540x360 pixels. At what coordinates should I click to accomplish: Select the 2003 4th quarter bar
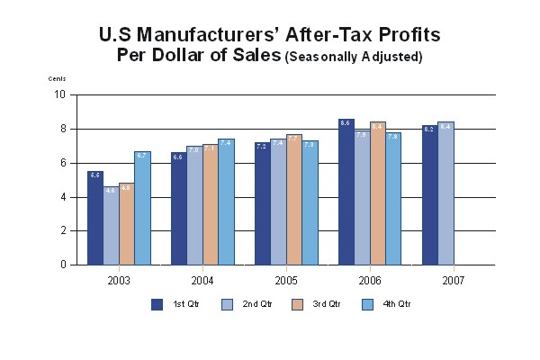(x=142, y=209)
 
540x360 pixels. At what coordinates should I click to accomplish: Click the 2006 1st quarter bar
(x=346, y=192)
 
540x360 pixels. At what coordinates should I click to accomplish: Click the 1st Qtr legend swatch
(x=157, y=303)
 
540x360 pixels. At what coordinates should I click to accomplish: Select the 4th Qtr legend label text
(x=397, y=304)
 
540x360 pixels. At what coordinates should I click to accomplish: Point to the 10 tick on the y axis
(x=60, y=94)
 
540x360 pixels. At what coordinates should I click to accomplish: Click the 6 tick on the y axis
(x=62, y=163)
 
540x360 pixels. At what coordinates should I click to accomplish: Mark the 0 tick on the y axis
(x=62, y=265)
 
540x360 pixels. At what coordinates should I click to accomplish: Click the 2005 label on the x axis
(x=286, y=280)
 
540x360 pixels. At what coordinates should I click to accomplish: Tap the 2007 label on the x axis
(x=453, y=280)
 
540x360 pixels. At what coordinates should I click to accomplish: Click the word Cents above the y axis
(x=57, y=79)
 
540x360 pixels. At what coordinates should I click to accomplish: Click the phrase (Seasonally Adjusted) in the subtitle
(x=354, y=57)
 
